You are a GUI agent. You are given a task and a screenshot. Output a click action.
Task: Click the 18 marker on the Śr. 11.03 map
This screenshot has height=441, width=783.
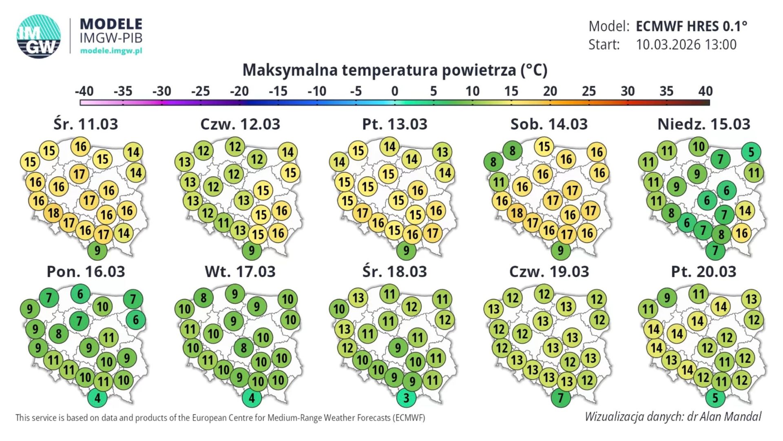point(54,213)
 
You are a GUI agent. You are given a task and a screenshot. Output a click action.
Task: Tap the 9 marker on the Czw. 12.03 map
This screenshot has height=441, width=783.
point(252,250)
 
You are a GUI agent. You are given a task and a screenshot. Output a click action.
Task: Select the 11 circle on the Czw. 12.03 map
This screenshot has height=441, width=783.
point(223,223)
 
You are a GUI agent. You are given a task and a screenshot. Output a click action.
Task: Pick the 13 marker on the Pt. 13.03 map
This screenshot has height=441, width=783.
point(442,152)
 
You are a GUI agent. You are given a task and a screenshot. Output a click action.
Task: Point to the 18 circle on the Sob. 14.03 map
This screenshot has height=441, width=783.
point(517,213)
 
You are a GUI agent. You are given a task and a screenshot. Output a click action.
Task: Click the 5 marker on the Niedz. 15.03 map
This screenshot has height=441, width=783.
point(751,152)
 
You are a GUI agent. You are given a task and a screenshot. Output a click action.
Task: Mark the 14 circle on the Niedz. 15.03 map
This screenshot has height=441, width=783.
point(745,211)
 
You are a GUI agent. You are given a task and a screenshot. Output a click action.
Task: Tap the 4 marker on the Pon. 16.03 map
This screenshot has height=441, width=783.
point(97,398)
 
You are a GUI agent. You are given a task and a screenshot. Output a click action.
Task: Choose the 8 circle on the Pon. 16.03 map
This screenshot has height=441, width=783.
point(59,334)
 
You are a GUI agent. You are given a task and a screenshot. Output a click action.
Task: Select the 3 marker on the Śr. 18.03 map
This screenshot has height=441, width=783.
point(406,398)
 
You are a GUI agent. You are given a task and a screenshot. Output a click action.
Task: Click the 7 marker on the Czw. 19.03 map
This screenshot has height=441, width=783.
point(561,398)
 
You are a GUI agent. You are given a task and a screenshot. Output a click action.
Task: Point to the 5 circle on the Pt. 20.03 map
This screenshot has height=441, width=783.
point(715,398)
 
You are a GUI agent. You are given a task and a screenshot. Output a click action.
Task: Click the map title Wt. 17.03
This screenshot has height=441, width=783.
point(240,272)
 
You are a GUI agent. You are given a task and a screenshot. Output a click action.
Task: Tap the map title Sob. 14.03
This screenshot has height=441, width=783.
point(549,124)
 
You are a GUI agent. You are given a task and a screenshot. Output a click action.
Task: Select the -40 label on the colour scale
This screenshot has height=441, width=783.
point(84,91)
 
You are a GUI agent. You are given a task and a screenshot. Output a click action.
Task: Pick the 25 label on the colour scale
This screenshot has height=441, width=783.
point(588,91)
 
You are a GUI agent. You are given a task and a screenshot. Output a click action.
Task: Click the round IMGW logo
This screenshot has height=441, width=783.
point(39,36)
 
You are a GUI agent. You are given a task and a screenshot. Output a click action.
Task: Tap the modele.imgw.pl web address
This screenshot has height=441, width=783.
point(111,51)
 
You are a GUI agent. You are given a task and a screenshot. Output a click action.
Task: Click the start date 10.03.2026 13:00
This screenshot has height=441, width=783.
point(686,45)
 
